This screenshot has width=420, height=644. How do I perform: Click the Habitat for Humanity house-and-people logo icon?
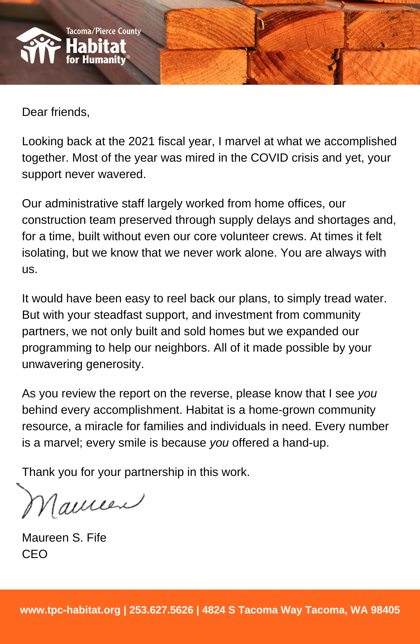[39, 46]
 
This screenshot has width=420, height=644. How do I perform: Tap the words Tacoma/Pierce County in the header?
[103, 31]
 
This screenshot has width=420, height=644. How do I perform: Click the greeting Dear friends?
[56, 112]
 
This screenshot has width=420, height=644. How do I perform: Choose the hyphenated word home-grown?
[282, 410]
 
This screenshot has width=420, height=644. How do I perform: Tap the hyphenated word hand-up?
[305, 443]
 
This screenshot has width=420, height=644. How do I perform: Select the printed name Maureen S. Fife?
[64, 538]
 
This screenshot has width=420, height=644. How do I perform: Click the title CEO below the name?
[35, 554]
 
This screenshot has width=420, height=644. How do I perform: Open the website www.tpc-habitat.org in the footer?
[70, 610]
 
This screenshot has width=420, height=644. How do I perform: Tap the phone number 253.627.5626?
[161, 610]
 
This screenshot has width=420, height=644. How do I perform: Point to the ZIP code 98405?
[385, 610]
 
